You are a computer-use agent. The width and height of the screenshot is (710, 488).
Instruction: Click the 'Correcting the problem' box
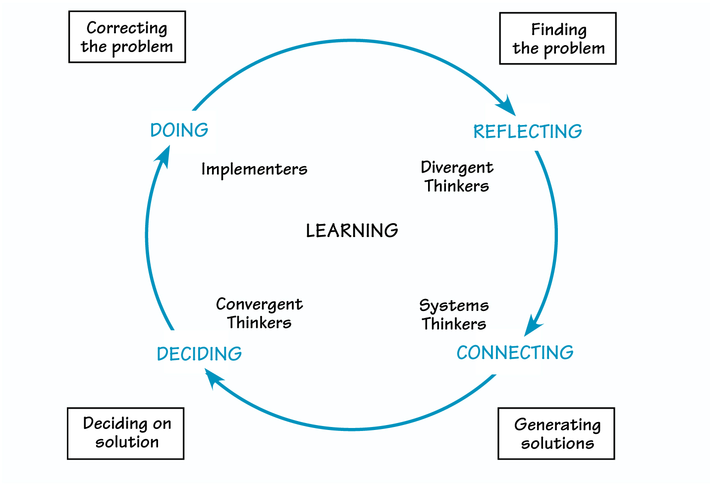[x=127, y=37]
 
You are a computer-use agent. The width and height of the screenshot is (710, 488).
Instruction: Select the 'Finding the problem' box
[x=558, y=39]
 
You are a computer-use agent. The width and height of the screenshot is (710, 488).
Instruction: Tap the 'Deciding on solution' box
[x=126, y=433]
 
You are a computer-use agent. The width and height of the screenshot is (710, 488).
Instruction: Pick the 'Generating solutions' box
[x=556, y=434]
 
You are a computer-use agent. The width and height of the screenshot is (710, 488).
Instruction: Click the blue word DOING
[x=179, y=130]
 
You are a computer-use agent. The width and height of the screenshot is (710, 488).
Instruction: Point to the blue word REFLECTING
[x=528, y=132]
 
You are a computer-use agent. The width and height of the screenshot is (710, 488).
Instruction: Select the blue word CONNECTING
[x=515, y=353]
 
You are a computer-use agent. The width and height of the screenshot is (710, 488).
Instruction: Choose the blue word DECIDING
[x=199, y=354]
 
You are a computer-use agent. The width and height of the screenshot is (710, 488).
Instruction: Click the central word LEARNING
[x=352, y=231]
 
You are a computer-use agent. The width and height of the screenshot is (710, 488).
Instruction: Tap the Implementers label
[x=254, y=170]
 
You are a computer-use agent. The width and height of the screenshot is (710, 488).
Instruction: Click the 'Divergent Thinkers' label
[x=457, y=177]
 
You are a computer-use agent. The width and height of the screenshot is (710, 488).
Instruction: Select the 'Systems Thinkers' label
[x=454, y=314]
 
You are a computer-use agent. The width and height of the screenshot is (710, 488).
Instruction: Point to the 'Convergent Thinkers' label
[x=259, y=313]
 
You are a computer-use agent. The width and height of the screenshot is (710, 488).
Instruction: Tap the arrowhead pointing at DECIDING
[x=215, y=379]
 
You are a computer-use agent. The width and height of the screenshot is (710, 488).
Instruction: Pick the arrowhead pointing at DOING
[x=163, y=156]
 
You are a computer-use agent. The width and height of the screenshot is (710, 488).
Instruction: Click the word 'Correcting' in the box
[x=127, y=28]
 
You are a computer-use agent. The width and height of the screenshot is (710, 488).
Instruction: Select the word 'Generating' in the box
[x=557, y=425]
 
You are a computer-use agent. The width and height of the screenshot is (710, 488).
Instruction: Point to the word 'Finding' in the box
[x=559, y=30]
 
